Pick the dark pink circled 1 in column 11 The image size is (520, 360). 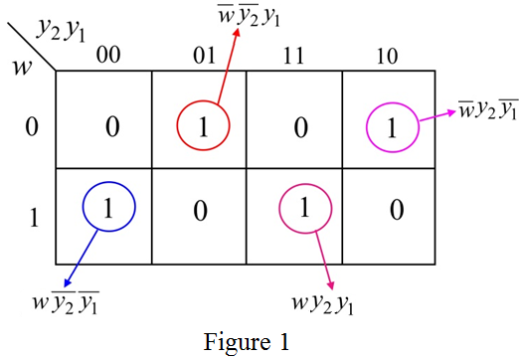click(x=305, y=209)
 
